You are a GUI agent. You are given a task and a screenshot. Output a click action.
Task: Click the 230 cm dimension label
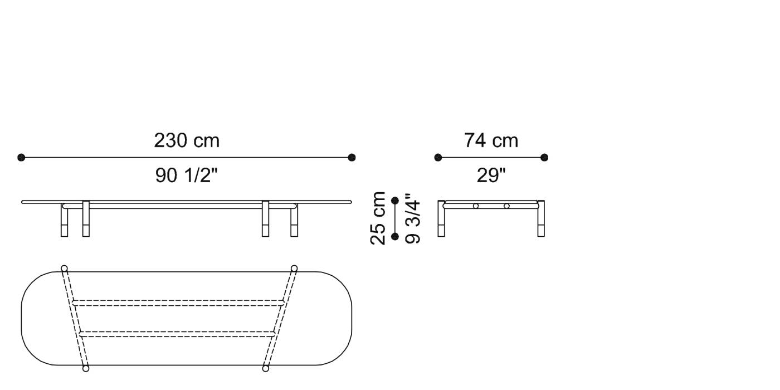(187, 140)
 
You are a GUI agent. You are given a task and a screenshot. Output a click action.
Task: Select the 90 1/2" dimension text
(186, 175)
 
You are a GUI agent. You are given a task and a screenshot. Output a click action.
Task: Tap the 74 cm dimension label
(491, 140)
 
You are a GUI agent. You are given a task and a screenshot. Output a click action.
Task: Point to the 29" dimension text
(491, 175)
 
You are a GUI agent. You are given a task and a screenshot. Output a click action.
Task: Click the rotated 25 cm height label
(378, 218)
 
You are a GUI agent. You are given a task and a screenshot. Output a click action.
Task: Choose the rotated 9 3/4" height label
(413, 218)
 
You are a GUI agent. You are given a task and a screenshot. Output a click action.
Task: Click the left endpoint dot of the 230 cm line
(21, 158)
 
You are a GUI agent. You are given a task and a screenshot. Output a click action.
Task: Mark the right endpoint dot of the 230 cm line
(352, 158)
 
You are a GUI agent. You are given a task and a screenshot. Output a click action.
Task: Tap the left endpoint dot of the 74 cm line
(438, 158)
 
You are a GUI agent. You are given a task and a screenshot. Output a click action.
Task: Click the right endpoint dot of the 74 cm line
(544, 158)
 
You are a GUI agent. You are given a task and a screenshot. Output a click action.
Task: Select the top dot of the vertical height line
(395, 200)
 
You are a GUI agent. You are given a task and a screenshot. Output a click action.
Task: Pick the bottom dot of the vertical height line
(395, 237)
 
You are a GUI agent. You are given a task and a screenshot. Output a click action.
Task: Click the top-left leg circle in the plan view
(64, 269)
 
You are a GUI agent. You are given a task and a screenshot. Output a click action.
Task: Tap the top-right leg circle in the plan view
(294, 269)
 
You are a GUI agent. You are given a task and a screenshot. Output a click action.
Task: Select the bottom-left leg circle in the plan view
(86, 368)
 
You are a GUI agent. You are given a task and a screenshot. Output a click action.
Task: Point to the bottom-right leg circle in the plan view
(265, 368)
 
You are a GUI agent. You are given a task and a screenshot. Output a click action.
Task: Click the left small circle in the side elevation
(475, 206)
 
